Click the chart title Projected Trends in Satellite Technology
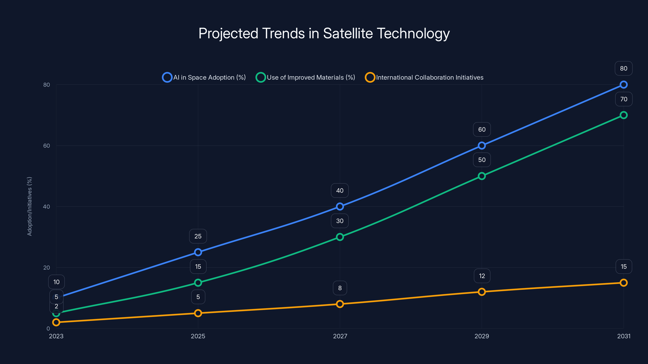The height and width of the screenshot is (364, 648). pos(324,33)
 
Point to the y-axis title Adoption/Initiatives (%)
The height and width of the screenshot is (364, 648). pos(29,206)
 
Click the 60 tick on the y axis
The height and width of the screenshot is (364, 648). pos(47,146)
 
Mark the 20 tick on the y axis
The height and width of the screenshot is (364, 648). pos(47,268)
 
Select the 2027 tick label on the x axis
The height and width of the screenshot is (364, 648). pos(340,336)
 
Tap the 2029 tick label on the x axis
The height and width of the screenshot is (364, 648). pos(482,336)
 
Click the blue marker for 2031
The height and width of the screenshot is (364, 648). pos(623,85)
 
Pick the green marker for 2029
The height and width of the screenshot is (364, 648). pos(482,176)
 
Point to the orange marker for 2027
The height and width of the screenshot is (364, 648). pos(340,304)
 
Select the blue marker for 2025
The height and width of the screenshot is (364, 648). pos(198,252)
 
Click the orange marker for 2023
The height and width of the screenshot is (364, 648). pos(56,322)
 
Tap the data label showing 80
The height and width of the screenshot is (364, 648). pos(623,68)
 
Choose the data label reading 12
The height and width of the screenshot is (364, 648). pos(482,276)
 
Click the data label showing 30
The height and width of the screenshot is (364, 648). pos(340,221)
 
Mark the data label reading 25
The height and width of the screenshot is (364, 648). pos(198,236)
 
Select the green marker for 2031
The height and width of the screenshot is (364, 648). pos(623,115)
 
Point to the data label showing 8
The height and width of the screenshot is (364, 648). pos(340,288)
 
